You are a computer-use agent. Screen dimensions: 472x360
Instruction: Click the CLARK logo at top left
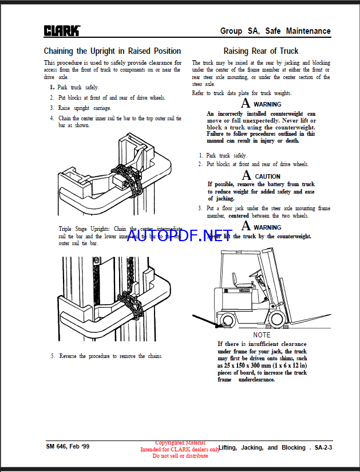(62, 30)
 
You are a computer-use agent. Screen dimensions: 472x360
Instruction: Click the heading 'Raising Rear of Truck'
(260, 51)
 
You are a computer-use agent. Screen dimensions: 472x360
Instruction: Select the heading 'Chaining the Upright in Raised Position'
(112, 51)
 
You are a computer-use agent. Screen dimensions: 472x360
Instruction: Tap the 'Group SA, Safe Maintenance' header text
(275, 31)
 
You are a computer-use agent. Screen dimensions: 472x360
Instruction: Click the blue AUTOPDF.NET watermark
(179, 235)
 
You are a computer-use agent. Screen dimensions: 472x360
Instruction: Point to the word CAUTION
(267, 176)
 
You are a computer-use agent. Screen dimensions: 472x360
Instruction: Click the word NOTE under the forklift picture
(262, 335)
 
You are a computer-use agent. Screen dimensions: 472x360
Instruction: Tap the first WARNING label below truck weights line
(267, 104)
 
